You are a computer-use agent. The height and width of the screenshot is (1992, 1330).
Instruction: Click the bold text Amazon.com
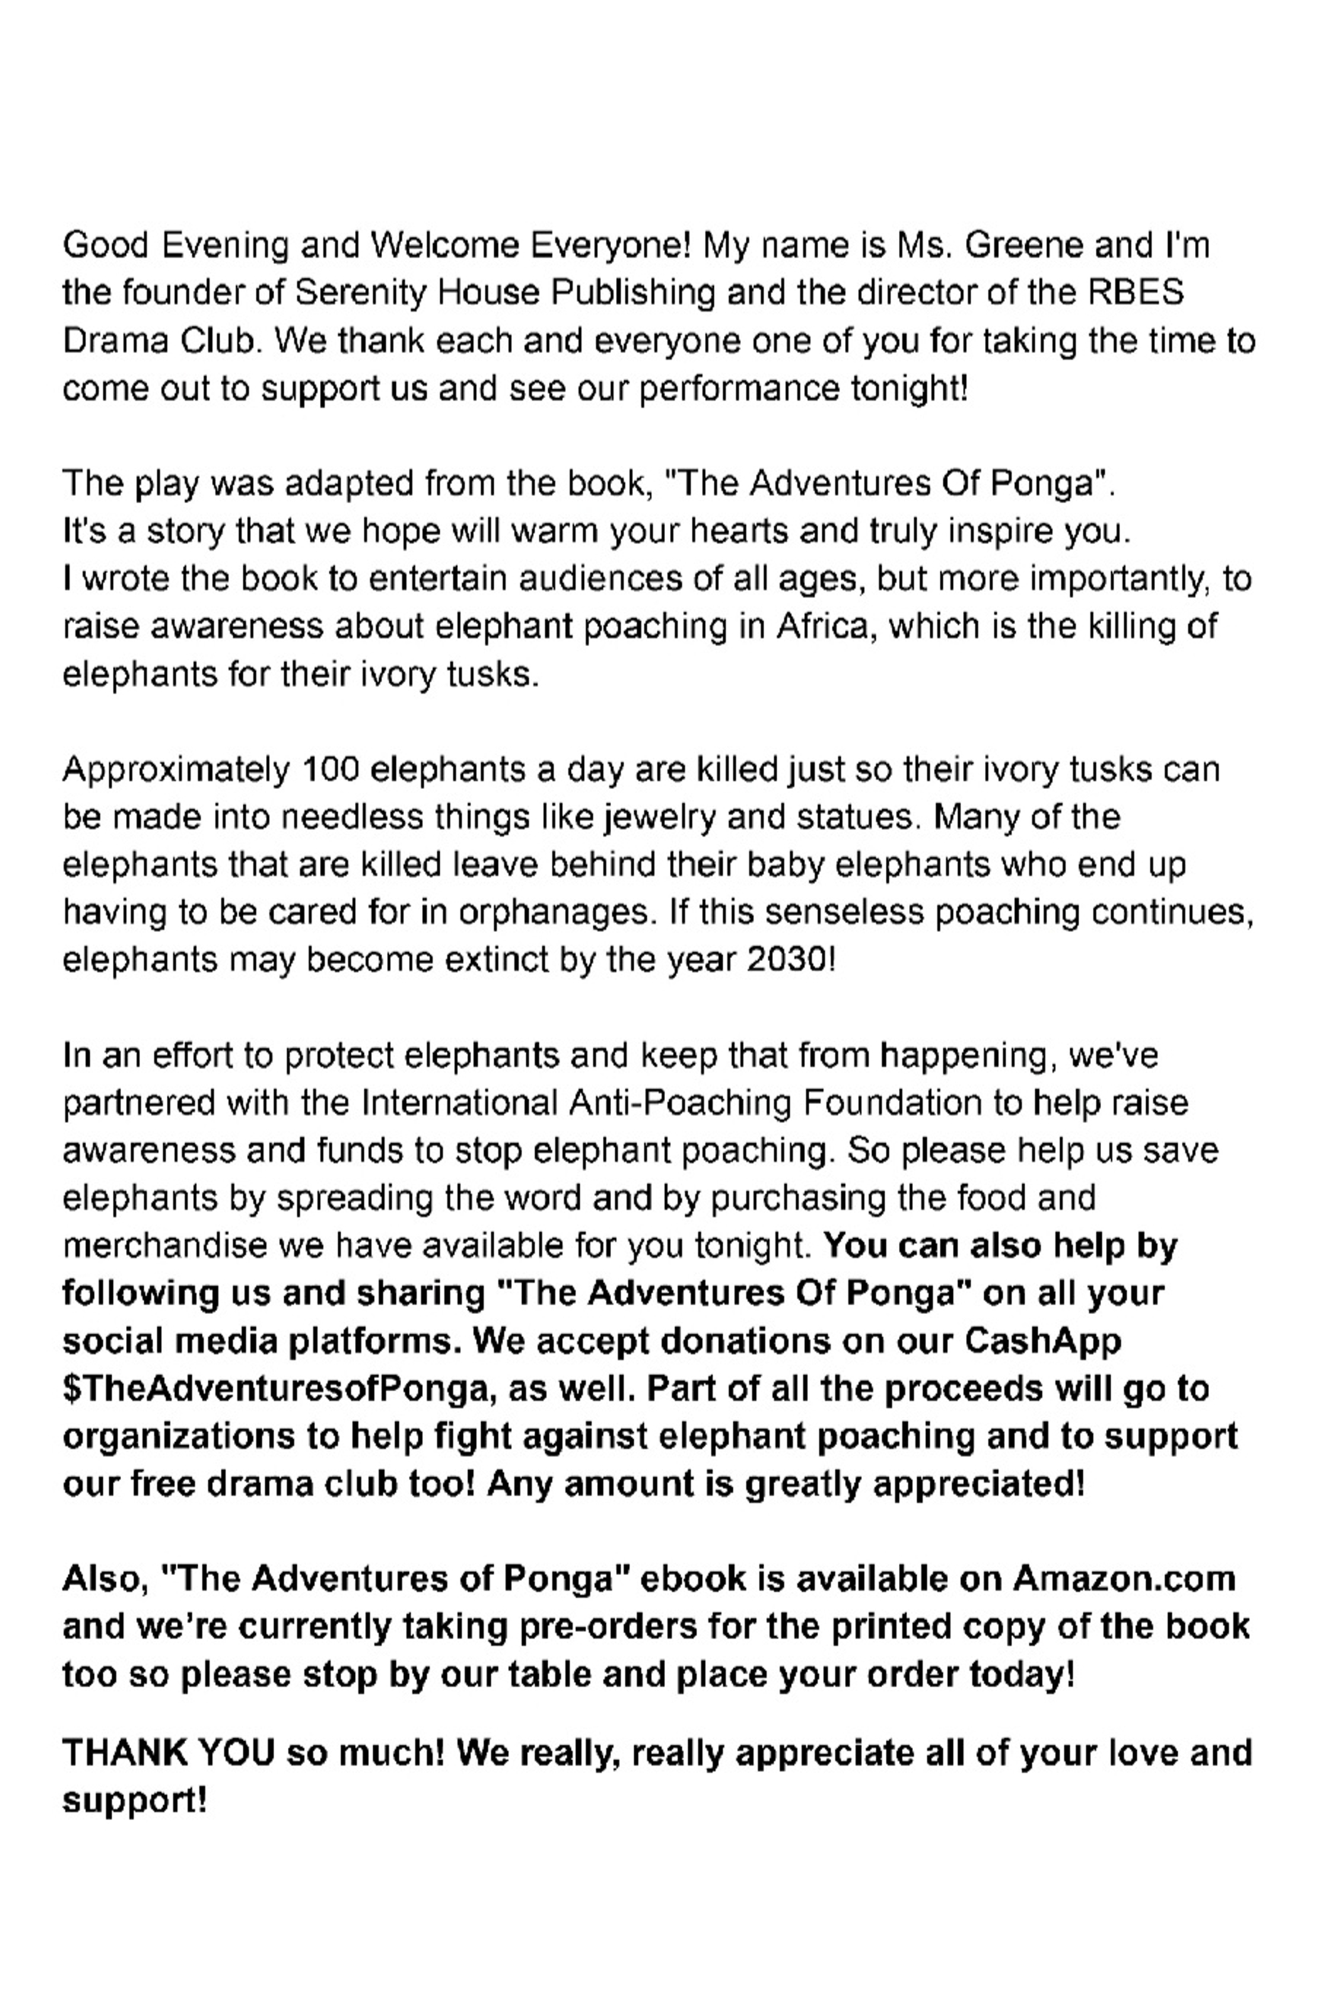(x=1124, y=1579)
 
